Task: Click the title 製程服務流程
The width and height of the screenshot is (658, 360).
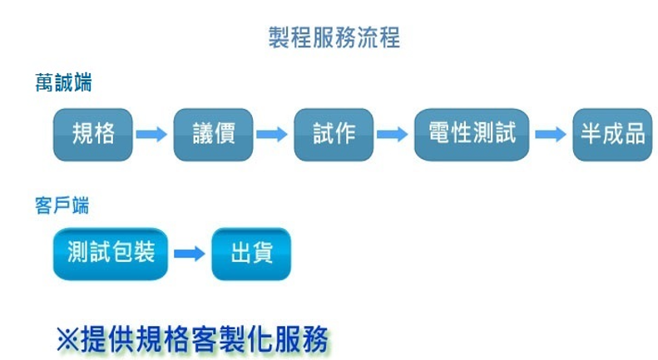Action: click(x=334, y=37)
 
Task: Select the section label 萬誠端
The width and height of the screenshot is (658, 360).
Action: click(x=63, y=82)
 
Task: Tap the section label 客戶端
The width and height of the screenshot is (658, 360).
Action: click(x=62, y=205)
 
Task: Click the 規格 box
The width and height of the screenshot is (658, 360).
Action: click(x=92, y=135)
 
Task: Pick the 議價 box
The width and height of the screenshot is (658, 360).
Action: click(x=213, y=135)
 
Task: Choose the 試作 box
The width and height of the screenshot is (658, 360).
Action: click(x=334, y=135)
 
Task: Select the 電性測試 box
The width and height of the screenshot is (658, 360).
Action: click(x=472, y=135)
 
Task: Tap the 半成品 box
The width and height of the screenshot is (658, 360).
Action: click(x=612, y=135)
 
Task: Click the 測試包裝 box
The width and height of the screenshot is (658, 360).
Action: click(x=111, y=254)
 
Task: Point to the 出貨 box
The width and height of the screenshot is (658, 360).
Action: click(x=251, y=254)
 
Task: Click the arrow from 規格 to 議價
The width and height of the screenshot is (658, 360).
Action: click(x=152, y=134)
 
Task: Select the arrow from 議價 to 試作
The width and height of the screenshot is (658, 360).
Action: click(x=272, y=134)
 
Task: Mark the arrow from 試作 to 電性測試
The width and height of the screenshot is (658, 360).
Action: click(x=393, y=134)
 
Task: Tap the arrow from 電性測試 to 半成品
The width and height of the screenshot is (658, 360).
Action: click(x=551, y=134)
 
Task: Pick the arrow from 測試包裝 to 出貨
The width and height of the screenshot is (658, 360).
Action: click(x=190, y=254)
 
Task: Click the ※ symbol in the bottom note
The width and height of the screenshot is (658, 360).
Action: click(x=67, y=339)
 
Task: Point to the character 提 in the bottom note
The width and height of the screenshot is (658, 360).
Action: click(x=93, y=339)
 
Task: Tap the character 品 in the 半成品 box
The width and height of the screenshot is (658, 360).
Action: click(x=635, y=134)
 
